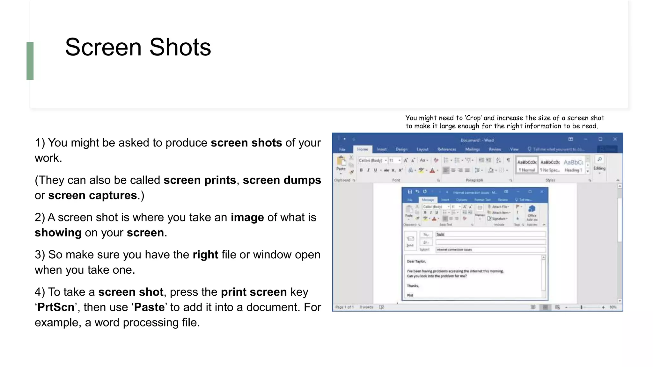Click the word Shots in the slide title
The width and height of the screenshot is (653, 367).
point(180,47)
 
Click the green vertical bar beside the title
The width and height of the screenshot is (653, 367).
point(30,61)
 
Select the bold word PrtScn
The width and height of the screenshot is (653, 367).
point(56,307)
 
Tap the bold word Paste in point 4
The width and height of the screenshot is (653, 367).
point(149,307)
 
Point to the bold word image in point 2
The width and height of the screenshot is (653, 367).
point(247,217)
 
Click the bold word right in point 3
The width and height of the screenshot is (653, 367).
point(205,255)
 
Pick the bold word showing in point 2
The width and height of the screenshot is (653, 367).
point(58,233)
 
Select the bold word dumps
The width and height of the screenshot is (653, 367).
point(302,180)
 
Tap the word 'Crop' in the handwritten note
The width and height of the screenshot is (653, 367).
point(473,118)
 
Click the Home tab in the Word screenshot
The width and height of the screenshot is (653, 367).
point(363,149)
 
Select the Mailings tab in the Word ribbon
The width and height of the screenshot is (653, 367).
point(472,149)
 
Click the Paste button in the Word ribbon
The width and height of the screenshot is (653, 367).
point(341,164)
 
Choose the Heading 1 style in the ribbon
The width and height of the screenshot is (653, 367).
point(573,165)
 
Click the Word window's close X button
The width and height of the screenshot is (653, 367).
point(615,139)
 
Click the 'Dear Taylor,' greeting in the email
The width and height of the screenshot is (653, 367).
point(416,261)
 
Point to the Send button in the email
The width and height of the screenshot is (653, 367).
point(410,241)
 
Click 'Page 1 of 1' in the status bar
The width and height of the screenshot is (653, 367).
point(344,307)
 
